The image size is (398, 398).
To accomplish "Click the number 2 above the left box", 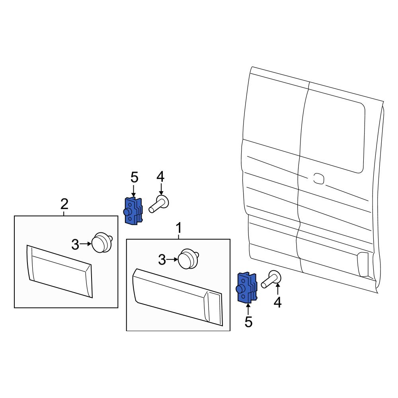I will (x=64, y=205).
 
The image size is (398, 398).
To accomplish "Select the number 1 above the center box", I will (x=179, y=228).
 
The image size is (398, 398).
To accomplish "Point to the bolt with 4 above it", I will (x=159, y=204).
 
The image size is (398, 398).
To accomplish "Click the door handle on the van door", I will (x=318, y=178).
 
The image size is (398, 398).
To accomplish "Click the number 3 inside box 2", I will (x=75, y=245).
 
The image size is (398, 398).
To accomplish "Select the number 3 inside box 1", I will (x=162, y=260).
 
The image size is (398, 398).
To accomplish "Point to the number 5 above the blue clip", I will (x=134, y=177).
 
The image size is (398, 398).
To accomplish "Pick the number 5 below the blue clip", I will (x=248, y=322).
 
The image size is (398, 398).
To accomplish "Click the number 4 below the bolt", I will (x=277, y=303).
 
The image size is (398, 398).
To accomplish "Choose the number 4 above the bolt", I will (x=160, y=177).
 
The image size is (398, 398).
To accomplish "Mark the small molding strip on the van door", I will (x=364, y=265).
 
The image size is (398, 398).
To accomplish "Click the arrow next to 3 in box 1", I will (x=172, y=259).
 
